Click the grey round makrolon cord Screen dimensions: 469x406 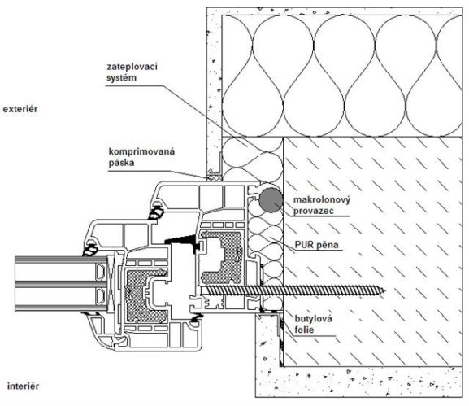point(271,200)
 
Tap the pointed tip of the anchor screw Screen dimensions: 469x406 point(385,290)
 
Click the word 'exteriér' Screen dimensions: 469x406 point(20,109)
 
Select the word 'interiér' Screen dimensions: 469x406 point(23,386)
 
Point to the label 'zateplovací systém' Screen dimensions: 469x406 point(132,72)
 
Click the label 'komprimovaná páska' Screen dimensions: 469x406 point(141,157)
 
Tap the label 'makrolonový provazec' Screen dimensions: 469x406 point(322,205)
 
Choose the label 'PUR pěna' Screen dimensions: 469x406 point(317,245)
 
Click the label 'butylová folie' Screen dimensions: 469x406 point(314,324)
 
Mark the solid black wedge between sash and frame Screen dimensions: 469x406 point(182,240)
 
